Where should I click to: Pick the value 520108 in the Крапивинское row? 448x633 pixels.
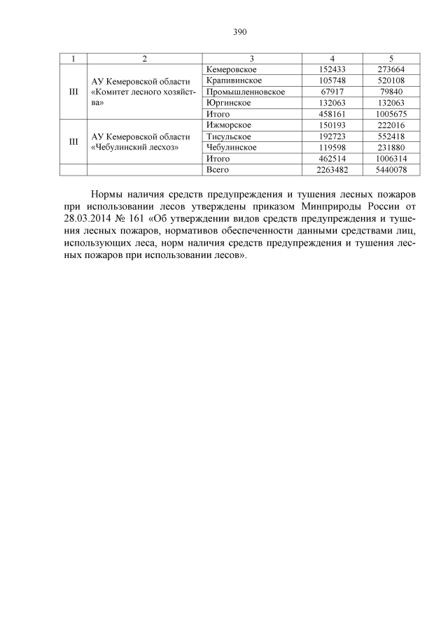[391, 80]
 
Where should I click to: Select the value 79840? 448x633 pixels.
[391, 92]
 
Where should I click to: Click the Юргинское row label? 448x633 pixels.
[225, 103]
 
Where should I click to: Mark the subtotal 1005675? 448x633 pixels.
[391, 114]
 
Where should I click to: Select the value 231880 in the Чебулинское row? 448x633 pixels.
[391, 148]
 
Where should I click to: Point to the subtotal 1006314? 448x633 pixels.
[391, 159]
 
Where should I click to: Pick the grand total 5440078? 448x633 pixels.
[391, 170]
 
